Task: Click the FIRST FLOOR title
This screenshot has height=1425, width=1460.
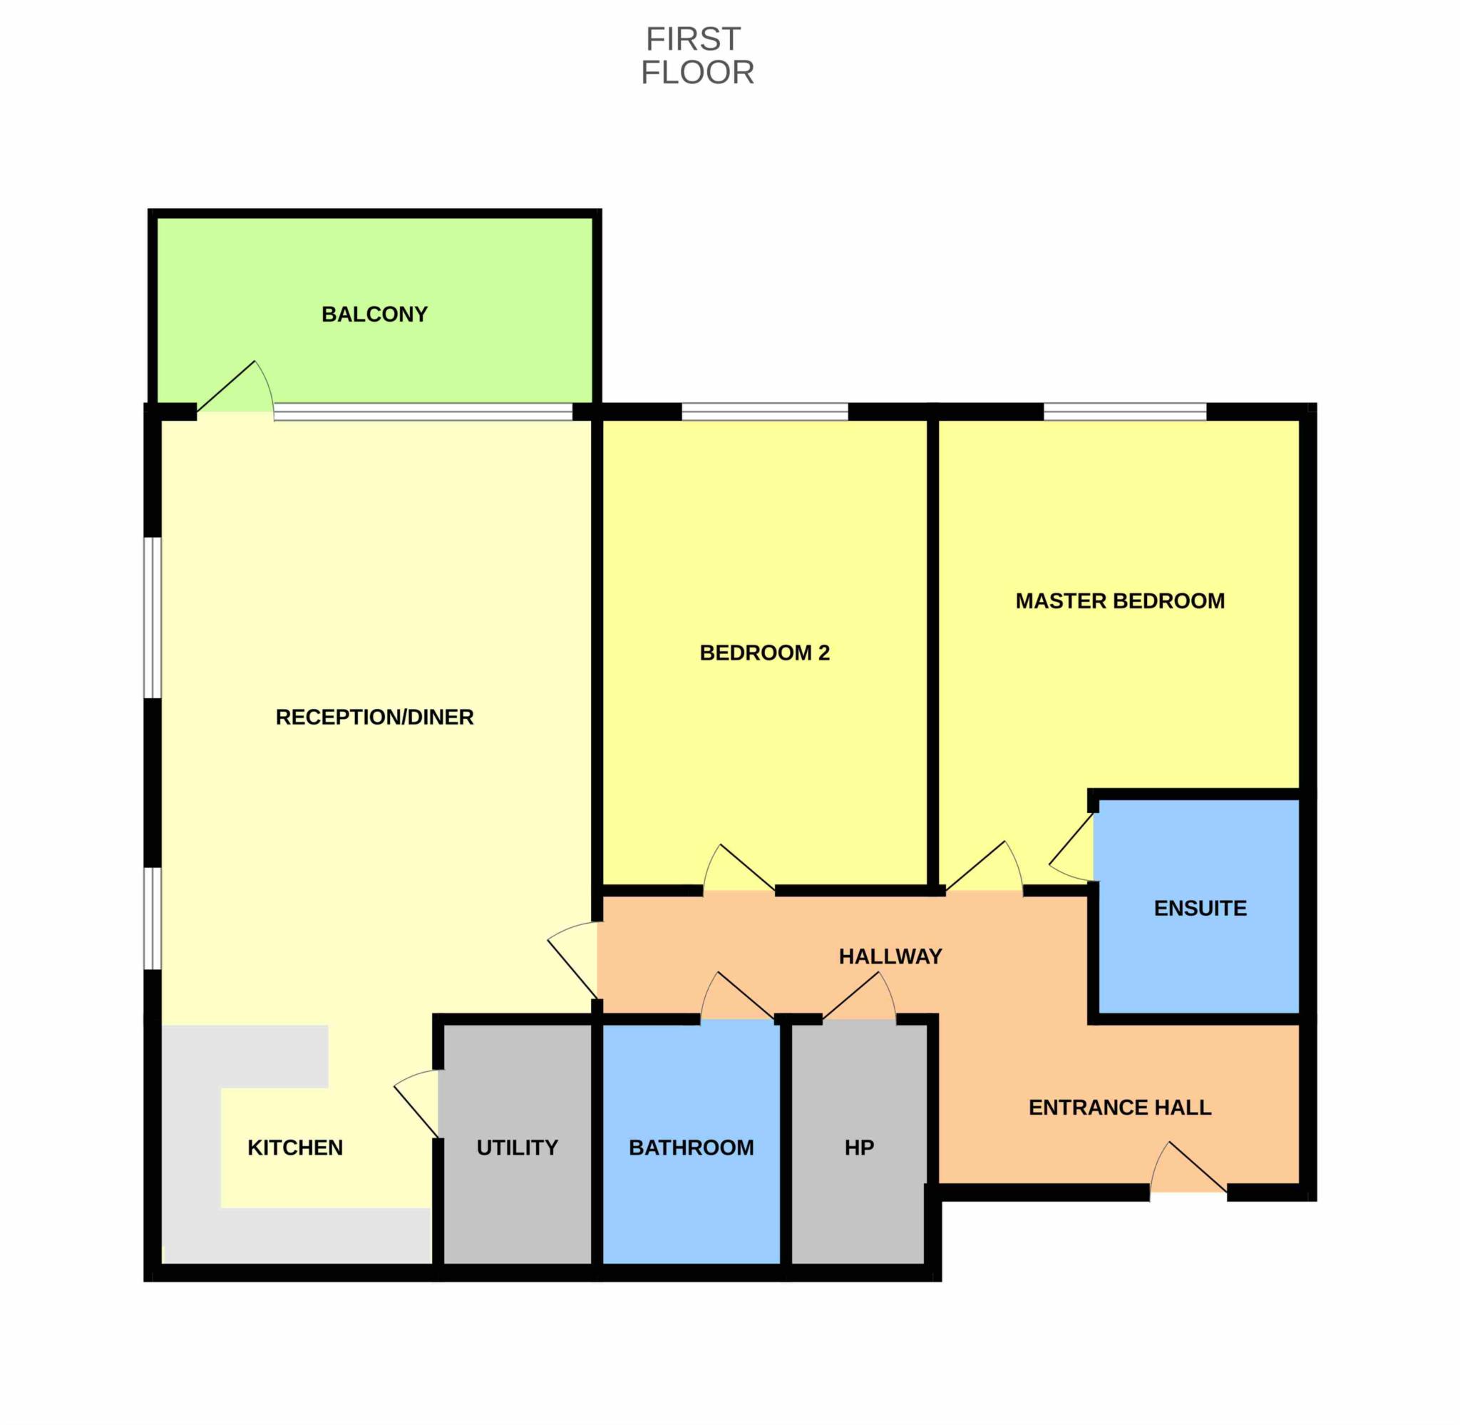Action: tap(697, 56)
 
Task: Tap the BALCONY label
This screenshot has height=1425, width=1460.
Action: tap(375, 315)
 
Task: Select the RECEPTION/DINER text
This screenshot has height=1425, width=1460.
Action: tap(375, 717)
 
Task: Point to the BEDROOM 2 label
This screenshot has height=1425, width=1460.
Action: tap(764, 653)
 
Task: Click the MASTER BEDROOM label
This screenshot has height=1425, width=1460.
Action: tap(1120, 601)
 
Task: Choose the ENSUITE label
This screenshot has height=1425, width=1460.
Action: tap(1200, 909)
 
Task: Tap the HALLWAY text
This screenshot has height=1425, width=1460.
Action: tap(890, 956)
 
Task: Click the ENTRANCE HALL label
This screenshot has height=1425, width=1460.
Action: tap(1120, 1108)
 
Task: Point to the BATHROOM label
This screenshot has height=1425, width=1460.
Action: tap(691, 1148)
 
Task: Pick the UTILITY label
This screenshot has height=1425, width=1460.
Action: tap(518, 1148)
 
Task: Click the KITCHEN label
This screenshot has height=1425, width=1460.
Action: tap(295, 1148)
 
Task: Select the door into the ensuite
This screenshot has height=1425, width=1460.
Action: tap(1071, 847)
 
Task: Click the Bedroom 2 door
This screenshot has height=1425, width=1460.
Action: tap(739, 868)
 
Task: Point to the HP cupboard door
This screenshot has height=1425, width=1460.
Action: tap(860, 996)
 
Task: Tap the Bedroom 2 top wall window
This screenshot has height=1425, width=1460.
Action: tap(764, 412)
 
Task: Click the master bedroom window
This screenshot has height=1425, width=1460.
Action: tap(1125, 412)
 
